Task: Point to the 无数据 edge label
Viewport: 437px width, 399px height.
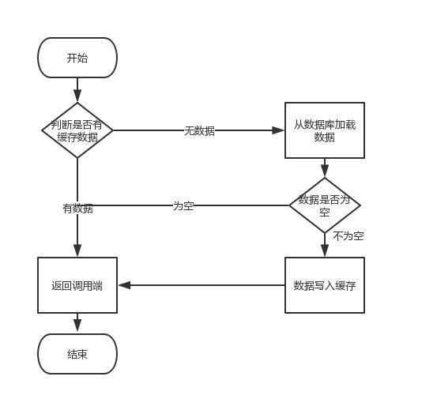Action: pyautogui.click(x=200, y=130)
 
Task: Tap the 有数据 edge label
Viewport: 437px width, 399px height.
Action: pyautogui.click(x=78, y=208)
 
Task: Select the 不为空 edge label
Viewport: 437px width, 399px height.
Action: pyautogui.click(x=348, y=236)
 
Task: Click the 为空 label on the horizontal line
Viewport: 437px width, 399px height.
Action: pyautogui.click(x=183, y=206)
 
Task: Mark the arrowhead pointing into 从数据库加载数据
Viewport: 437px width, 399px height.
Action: pyautogui.click(x=278, y=130)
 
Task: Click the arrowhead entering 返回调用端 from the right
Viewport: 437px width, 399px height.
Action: pyautogui.click(x=124, y=285)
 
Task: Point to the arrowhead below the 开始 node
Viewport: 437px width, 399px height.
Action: pyautogui.click(x=77, y=96)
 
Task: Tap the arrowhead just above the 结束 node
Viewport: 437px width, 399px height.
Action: pyautogui.click(x=77, y=326)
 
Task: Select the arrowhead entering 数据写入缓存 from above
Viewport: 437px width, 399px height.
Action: pyautogui.click(x=325, y=250)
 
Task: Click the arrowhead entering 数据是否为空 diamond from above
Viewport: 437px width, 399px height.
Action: pyautogui.click(x=325, y=171)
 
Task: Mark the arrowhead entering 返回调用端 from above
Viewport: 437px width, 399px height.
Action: pyautogui.click(x=77, y=250)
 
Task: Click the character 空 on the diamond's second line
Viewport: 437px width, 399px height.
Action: pyautogui.click(x=325, y=212)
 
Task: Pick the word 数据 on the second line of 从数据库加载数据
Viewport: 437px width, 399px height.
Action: pyautogui.click(x=325, y=137)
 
